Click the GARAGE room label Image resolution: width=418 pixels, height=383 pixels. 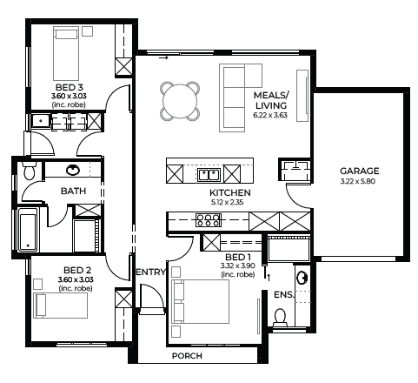click(359, 171)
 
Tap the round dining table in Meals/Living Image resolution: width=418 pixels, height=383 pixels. click(180, 101)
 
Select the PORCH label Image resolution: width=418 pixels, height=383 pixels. click(187, 356)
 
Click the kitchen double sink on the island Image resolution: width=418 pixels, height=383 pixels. click(209, 175)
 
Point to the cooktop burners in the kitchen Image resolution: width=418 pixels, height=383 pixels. click(209, 220)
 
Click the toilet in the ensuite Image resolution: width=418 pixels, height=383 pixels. click(280, 317)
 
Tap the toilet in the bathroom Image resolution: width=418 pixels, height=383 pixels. click(29, 171)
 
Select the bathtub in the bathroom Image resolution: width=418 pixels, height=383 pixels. click(28, 229)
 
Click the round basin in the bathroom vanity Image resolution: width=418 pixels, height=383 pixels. click(73, 170)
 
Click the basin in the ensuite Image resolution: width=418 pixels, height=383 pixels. click(302, 278)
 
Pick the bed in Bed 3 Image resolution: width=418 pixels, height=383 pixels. click(66, 54)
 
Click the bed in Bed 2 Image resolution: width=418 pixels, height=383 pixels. click(61, 306)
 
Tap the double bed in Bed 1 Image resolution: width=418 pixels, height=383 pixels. click(201, 301)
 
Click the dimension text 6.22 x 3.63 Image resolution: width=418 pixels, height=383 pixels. click(270, 115)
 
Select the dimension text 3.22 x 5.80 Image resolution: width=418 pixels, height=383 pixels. click(358, 182)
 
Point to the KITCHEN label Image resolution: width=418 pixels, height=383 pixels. click(230, 192)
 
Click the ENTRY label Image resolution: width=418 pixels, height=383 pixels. click(150, 272)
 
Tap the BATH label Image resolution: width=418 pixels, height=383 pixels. click(73, 191)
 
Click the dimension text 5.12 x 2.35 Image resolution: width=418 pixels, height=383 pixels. click(227, 202)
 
